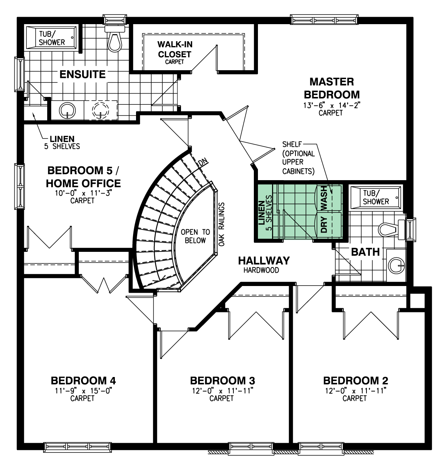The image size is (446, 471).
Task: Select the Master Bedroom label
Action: point(332,88)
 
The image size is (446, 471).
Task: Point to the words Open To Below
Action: point(195,236)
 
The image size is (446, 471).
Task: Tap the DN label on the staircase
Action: point(202,162)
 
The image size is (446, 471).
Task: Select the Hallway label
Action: point(264,260)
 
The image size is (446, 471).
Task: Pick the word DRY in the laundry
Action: point(324,224)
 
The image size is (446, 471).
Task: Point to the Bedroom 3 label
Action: point(222,381)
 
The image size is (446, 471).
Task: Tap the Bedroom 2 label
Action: point(355,381)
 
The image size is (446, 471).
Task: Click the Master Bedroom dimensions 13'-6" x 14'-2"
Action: point(332,105)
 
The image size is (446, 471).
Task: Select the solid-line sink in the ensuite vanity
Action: point(68,110)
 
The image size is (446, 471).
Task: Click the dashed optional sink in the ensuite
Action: point(100,110)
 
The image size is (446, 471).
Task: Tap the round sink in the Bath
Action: point(396,265)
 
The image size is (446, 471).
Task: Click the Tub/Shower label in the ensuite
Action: point(52,38)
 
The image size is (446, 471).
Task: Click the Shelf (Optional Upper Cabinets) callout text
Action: point(298,158)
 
